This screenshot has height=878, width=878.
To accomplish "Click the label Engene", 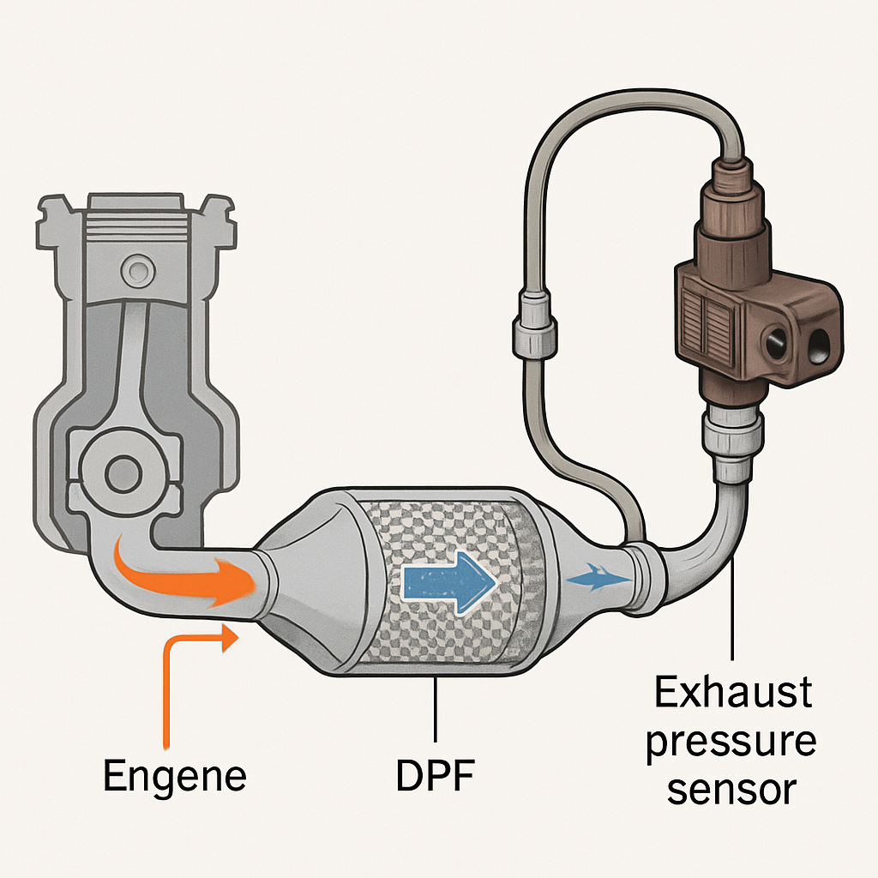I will click(174, 776).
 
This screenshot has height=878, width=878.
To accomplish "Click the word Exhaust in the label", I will click(733, 693).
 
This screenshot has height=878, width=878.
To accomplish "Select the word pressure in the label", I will click(731, 742).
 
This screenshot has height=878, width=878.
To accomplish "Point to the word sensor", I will click(731, 791).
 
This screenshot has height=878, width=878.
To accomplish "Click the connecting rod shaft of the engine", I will click(129, 369).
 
